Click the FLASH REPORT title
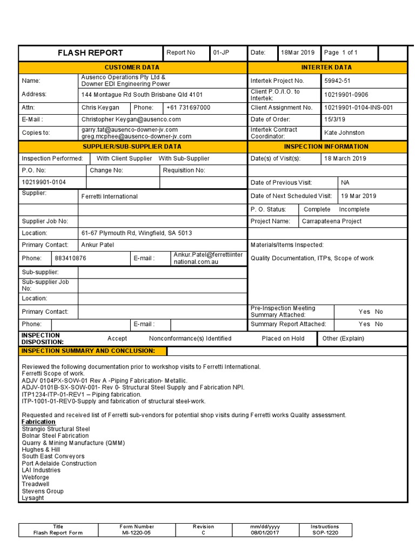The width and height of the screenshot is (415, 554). pyautogui.click(x=90, y=53)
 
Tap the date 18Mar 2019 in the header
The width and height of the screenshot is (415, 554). pyautogui.click(x=297, y=52)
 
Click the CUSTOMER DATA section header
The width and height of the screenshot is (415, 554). pyautogui.click(x=132, y=68)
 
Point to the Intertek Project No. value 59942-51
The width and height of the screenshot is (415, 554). pyautogui.click(x=337, y=81)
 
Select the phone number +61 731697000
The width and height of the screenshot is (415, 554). pyautogui.click(x=188, y=108)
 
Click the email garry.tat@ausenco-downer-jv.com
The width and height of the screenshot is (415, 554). pyautogui.click(x=129, y=130)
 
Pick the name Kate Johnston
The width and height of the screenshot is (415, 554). pyautogui.click(x=344, y=133)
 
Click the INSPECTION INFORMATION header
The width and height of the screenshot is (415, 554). pyautogui.click(x=326, y=147)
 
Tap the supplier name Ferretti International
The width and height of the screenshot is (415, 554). pyautogui.click(x=109, y=196)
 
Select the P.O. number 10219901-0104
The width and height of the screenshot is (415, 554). pyautogui.click(x=44, y=182)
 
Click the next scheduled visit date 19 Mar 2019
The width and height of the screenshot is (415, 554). pyautogui.click(x=359, y=196)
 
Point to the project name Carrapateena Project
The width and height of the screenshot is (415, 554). pyautogui.click(x=332, y=221)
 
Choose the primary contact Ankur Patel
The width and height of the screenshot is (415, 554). pyautogui.click(x=98, y=245)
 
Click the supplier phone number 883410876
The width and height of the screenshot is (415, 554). pyautogui.click(x=70, y=259)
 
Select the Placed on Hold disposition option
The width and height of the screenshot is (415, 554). pyautogui.click(x=283, y=339)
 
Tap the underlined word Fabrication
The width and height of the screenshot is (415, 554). pyautogui.click(x=38, y=421)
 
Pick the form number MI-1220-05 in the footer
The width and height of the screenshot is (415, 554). pyautogui.click(x=137, y=533)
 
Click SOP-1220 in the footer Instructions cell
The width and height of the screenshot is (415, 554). pyautogui.click(x=325, y=533)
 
